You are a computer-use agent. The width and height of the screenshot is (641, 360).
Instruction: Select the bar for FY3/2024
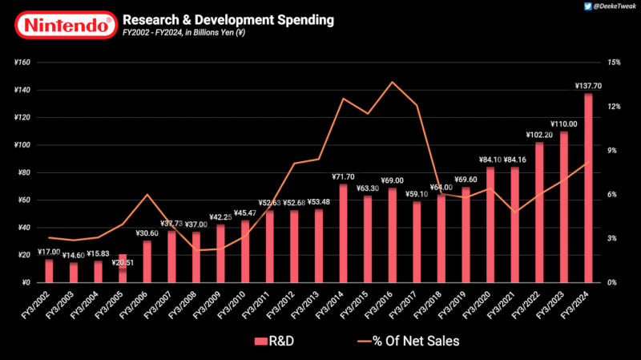tap(589, 188)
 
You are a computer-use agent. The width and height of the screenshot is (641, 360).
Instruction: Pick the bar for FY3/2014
tap(344, 233)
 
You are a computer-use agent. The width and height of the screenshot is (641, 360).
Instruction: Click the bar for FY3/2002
tap(49, 271)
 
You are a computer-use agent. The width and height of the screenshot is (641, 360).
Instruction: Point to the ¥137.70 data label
tap(588, 86)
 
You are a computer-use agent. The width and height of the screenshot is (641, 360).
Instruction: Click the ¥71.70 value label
tap(344, 176)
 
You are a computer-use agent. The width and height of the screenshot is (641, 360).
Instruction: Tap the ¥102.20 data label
tap(539, 135)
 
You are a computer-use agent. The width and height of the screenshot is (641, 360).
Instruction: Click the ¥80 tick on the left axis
tap(23, 172)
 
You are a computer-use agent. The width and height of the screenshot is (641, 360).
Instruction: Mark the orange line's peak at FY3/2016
tap(392, 82)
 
